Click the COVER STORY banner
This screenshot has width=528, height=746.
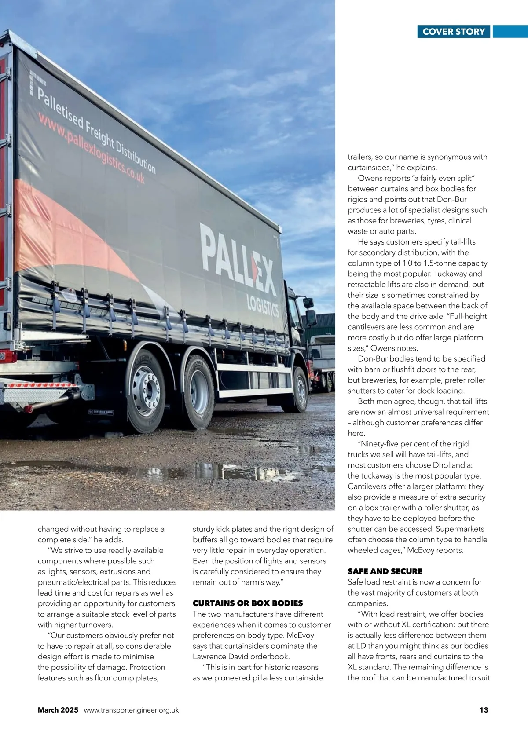[x=454, y=32]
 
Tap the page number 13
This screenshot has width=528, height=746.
[x=484, y=710]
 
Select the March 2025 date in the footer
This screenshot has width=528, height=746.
[x=58, y=710]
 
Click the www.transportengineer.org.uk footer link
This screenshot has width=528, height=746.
[x=131, y=710]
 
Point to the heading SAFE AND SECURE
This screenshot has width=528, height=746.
[x=385, y=571]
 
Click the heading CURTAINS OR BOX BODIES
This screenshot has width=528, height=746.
[x=248, y=603]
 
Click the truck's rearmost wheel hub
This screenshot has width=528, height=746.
[x=146, y=389]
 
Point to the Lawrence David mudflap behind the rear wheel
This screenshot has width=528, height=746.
[x=101, y=413]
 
